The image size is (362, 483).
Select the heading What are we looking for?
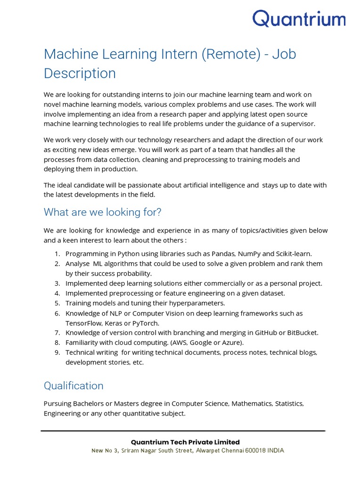(x=103, y=212)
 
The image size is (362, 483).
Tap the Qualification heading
(x=74, y=385)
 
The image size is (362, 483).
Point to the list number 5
(x=57, y=303)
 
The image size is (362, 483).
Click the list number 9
(x=57, y=352)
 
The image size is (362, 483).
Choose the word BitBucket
(x=301, y=333)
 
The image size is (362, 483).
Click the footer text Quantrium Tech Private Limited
(x=185, y=442)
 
